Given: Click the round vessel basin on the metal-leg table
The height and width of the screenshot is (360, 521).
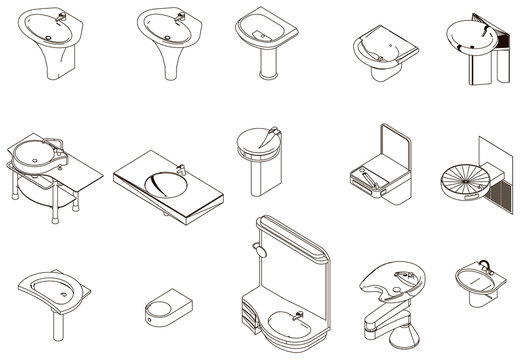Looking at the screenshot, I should [37, 158].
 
